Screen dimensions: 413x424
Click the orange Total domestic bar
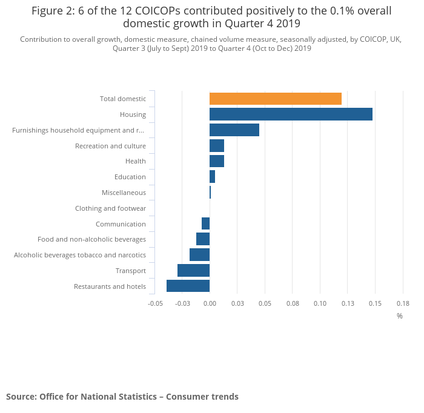[275, 99]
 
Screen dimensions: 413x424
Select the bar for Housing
[291, 114]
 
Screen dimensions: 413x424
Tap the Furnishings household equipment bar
[234, 130]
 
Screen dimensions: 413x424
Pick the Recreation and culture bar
[216, 145]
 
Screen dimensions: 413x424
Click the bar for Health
[216, 161]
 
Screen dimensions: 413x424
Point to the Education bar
[212, 177]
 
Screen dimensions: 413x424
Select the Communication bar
[205, 223]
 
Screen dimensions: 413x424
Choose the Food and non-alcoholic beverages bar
[203, 239]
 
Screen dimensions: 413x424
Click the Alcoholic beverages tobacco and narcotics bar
[199, 254]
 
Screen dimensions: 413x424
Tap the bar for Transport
[193, 270]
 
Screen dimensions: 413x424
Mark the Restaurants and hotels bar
[188, 286]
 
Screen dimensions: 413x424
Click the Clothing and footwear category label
[110, 208]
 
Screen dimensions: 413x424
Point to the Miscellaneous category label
[124, 193]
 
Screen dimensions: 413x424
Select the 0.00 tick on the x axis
[210, 303]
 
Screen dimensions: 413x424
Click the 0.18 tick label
[403, 303]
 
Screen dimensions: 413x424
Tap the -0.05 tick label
[155, 303]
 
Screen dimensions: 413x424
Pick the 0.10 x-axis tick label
[320, 303]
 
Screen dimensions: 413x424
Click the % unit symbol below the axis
[400, 316]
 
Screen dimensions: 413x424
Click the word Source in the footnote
[21, 397]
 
